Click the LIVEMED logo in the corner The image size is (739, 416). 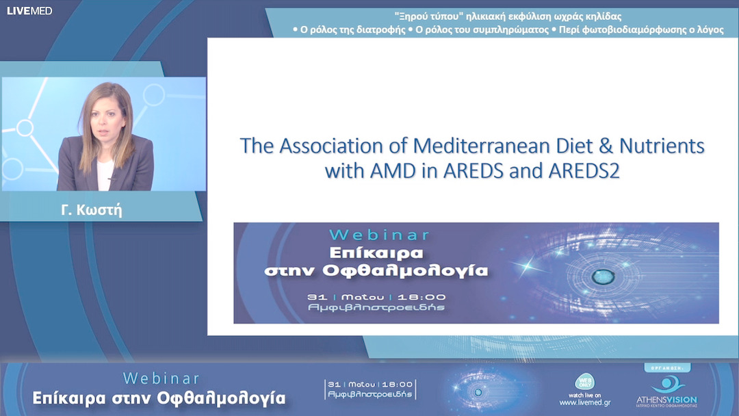(x=29, y=10)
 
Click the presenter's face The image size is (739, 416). (x=104, y=117)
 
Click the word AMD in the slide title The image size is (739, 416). (x=391, y=170)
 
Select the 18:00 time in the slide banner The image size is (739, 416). (x=420, y=297)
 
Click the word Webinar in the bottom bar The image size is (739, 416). (x=161, y=378)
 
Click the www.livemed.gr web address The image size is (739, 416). (x=584, y=403)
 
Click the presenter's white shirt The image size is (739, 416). (x=105, y=174)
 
